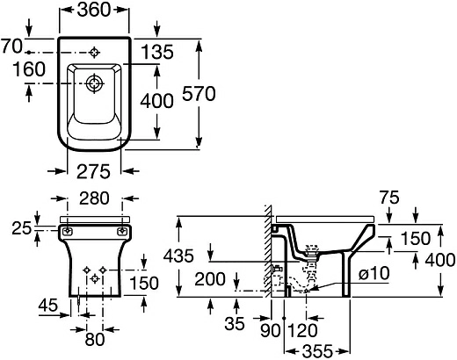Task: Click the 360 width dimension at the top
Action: pyautogui.click(x=94, y=10)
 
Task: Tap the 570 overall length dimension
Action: pyautogui.click(x=199, y=94)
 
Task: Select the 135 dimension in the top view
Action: pyautogui.click(x=157, y=52)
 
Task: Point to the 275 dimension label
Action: pyautogui.click(x=93, y=171)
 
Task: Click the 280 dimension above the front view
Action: pyautogui.click(x=94, y=198)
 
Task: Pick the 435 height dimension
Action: pyautogui.click(x=178, y=256)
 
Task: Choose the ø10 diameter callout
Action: pyautogui.click(x=374, y=273)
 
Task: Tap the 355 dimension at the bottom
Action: pyautogui.click(x=318, y=350)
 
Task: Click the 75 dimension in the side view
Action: pyautogui.click(x=389, y=198)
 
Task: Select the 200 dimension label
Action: pyautogui.click(x=210, y=279)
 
